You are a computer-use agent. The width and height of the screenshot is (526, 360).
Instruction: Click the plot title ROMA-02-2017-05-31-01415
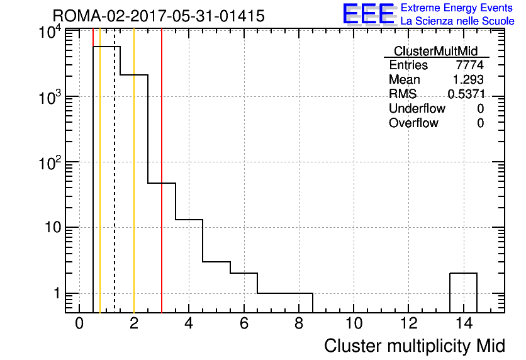(159, 16)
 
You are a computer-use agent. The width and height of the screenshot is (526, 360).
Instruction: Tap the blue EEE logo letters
(369, 14)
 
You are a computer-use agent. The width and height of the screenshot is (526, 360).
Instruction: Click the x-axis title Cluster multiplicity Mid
(415, 346)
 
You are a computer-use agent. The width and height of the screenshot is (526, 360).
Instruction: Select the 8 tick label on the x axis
(299, 323)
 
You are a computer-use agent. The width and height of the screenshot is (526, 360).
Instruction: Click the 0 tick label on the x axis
(79, 323)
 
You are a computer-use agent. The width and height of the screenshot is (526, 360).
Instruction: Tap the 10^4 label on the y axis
(50, 33)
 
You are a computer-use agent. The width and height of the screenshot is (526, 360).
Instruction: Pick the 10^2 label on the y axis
(50, 164)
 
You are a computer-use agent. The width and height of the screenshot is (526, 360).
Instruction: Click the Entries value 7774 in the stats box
(469, 65)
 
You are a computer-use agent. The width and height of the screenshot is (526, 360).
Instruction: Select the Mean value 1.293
(468, 79)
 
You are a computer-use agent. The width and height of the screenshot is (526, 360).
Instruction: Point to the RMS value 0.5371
(466, 94)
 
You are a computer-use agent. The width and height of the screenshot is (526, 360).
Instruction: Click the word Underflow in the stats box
(417, 108)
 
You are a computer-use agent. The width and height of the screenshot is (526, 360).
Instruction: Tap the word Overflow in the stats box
(413, 123)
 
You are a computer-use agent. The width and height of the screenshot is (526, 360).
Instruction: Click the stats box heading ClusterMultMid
(436, 51)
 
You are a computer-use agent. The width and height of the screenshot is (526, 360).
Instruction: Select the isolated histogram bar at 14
(463, 273)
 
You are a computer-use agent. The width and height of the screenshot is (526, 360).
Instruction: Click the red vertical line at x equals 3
(162, 171)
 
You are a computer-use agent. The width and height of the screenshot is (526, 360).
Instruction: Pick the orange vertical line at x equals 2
(134, 171)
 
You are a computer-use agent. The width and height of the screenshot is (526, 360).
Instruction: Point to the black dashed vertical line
(115, 171)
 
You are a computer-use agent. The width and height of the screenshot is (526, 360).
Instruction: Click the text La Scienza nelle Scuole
(457, 21)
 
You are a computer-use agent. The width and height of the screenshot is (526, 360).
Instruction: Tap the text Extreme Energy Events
(457, 8)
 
